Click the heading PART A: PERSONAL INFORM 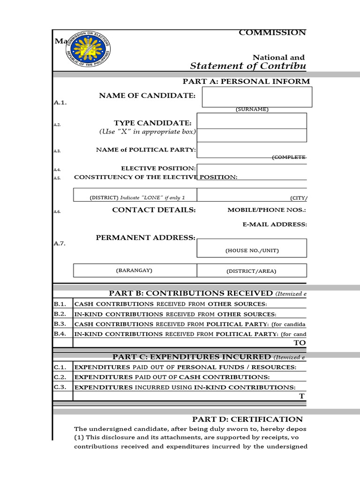click(246, 81)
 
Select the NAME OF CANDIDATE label click(147, 96)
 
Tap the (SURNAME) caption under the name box click(252, 109)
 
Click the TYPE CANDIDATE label click(152, 123)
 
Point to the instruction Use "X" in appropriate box click(147, 132)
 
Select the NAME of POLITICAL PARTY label click(146, 150)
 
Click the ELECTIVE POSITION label click(158, 168)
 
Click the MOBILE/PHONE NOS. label click(267, 210)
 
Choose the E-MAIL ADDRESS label click(274, 225)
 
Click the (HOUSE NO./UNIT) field click(252, 248)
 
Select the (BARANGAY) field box click(135, 270)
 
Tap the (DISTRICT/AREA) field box click(252, 270)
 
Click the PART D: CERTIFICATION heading click(247, 419)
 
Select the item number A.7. click(60, 244)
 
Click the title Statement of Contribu click(248, 66)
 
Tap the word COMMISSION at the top click(272, 32)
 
